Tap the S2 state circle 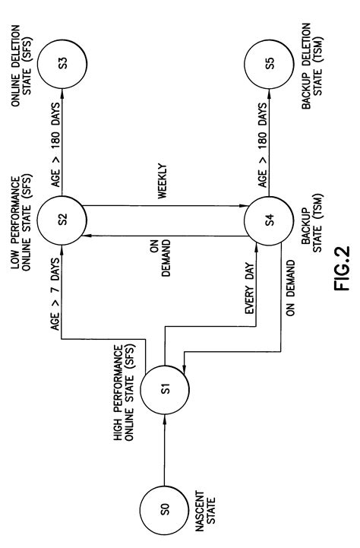pos(62,218)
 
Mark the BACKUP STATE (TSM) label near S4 pos(311,221)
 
